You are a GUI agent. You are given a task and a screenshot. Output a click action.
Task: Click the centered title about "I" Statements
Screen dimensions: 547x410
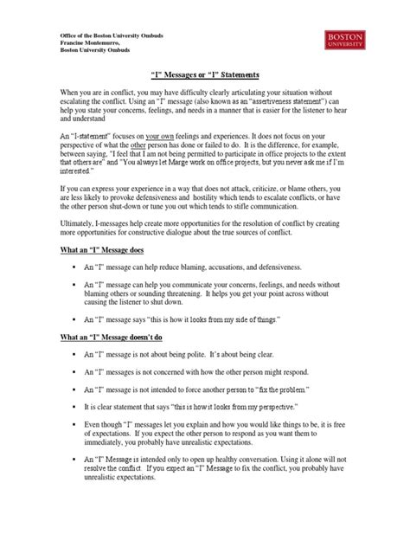tap(205, 75)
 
